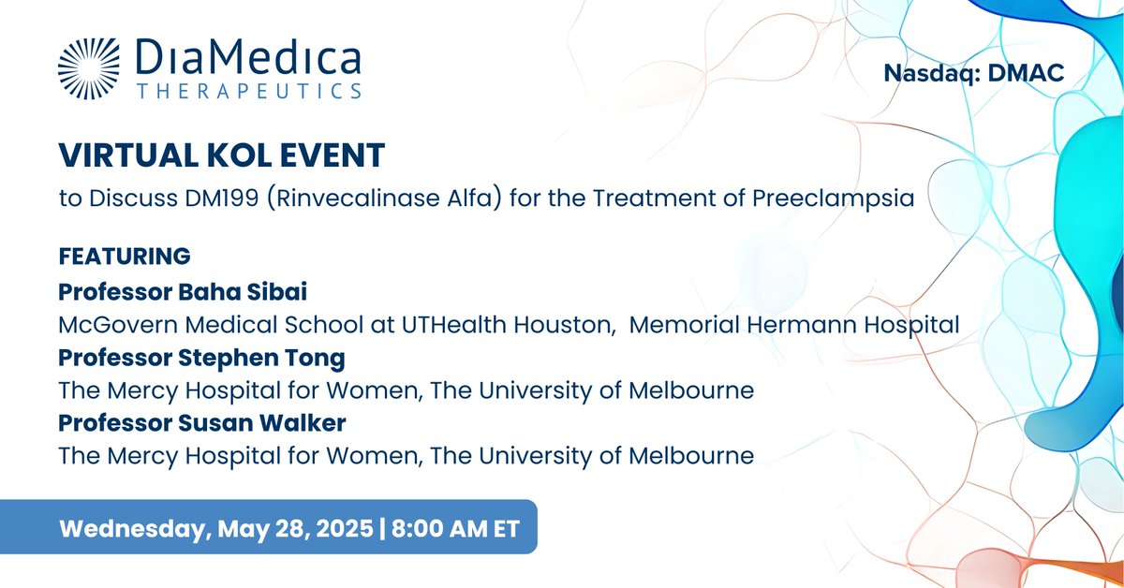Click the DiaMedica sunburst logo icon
88,69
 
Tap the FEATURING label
125,256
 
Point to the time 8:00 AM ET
451,527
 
